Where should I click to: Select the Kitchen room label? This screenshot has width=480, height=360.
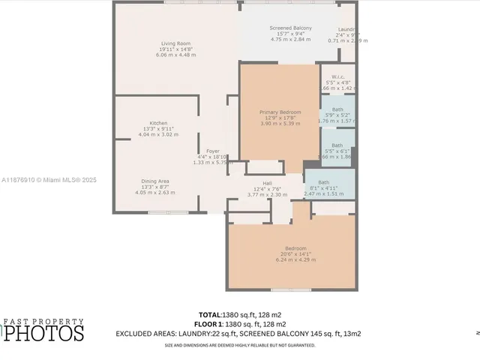[x=157, y=123]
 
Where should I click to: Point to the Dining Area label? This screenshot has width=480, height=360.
[x=154, y=181]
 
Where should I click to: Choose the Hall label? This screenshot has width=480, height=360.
[x=267, y=183]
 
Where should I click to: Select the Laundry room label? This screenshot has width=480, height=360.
[x=349, y=28]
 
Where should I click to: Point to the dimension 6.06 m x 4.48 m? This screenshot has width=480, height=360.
[x=175, y=55]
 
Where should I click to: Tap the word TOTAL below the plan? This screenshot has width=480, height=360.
[x=209, y=314]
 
